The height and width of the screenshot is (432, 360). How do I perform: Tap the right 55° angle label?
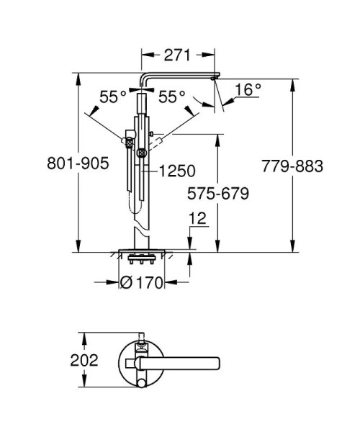pyautogui.click(x=172, y=96)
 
